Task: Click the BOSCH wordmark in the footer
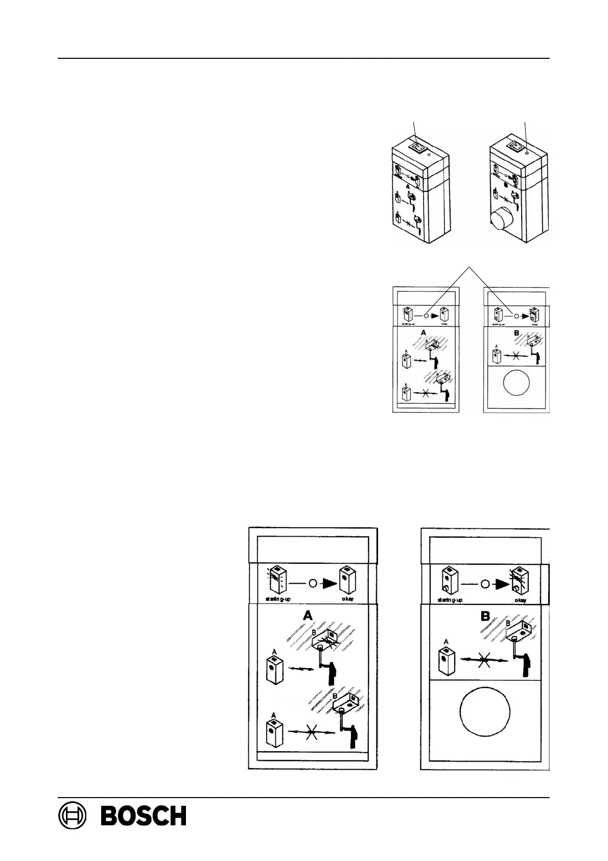(144, 815)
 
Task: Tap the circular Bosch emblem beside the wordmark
(72, 815)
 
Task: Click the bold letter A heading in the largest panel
(308, 616)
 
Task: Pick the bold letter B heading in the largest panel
(485, 616)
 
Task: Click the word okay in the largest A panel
(348, 599)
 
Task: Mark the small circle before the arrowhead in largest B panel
(486, 583)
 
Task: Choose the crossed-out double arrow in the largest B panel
(484, 660)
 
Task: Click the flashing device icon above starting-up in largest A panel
(277, 580)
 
